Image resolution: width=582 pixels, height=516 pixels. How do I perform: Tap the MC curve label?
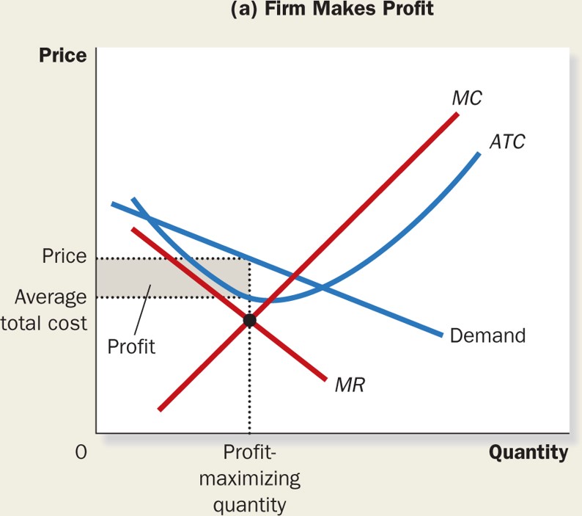467,98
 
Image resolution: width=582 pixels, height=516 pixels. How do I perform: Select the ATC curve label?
508,142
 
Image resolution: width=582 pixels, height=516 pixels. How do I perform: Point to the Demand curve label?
487,335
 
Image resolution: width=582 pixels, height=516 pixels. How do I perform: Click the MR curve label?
350,384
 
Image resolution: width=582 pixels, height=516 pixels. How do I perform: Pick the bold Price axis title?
62,56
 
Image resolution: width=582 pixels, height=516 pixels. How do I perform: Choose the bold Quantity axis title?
528,452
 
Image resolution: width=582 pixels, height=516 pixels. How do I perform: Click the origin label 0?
81,453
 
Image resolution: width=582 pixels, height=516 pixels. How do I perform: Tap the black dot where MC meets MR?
249,320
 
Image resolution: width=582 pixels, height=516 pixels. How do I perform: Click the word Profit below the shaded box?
132,346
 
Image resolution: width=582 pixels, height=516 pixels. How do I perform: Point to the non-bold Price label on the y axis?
65,257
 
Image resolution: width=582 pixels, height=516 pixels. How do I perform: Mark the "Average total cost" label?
50,309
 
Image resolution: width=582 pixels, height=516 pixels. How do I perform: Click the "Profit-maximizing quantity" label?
250,477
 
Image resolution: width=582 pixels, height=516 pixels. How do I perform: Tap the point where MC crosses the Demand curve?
294,278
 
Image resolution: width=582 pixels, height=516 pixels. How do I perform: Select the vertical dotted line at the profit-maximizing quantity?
249,382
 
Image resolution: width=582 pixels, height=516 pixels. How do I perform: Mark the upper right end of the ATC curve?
479,153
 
